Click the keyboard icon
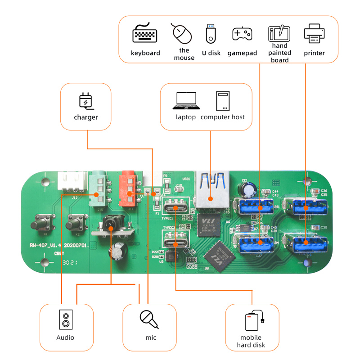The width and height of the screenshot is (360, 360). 145,34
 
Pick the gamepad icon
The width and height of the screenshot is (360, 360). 242,34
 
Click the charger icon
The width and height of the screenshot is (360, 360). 86,101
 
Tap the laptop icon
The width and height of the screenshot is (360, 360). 186,101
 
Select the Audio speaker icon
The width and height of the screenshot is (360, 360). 66,319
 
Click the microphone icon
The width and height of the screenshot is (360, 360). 149,319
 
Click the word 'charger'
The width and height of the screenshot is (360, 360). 86,117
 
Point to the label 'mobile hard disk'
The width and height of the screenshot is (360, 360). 251,342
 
